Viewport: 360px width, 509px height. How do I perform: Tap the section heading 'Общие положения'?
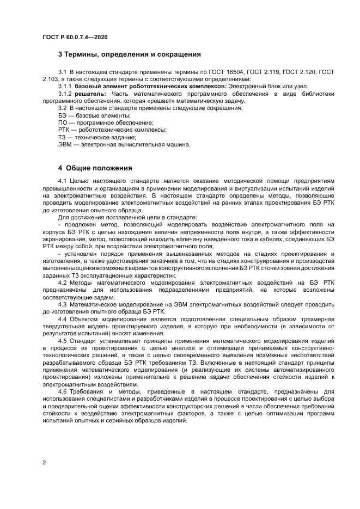pos(100,168)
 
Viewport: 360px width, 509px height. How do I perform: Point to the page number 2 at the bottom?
pos(44,463)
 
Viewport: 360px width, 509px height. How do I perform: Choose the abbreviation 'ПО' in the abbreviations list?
pos(63,123)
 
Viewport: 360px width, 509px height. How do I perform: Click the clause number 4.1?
pos(62,180)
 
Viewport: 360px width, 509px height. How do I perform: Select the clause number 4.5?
pos(62,340)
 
